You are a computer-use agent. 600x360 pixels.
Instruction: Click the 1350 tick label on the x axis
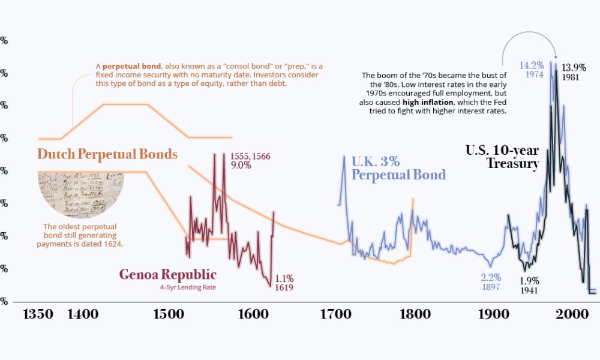39,314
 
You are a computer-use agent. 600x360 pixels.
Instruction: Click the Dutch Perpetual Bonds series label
107,154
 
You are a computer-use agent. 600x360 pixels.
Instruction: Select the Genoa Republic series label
167,275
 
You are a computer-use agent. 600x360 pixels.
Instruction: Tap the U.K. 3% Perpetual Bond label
398,168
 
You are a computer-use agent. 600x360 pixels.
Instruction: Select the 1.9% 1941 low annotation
529,285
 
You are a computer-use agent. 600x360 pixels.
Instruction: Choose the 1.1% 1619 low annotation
284,283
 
